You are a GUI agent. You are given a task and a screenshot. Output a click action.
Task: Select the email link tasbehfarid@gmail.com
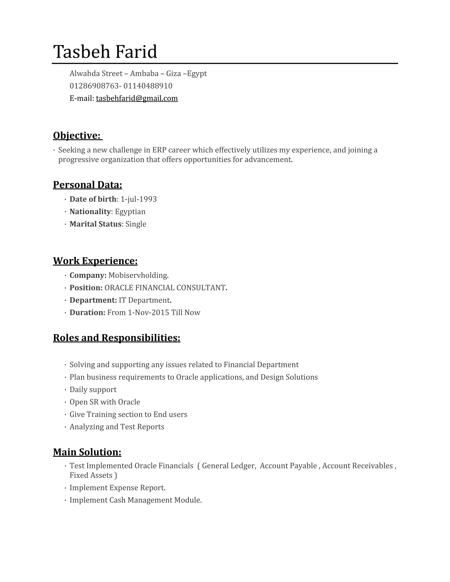[137, 98]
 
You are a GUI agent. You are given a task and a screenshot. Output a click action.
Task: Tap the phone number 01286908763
[94, 86]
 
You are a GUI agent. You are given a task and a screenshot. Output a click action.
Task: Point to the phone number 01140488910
[148, 86]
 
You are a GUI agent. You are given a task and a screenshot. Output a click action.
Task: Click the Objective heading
[77, 135]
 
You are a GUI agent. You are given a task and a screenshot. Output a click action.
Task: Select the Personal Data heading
[87, 185]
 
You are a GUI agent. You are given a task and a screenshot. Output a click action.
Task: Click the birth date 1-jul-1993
[139, 199]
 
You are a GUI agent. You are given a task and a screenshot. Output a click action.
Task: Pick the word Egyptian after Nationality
[130, 211]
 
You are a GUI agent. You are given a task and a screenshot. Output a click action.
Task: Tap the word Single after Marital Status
[136, 224]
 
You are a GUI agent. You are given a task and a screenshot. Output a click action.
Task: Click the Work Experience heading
[95, 261]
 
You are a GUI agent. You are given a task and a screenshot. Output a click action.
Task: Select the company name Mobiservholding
[138, 275]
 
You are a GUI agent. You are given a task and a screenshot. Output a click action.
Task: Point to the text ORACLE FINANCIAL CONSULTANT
[165, 288]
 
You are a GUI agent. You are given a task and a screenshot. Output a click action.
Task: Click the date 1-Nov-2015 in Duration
[149, 312]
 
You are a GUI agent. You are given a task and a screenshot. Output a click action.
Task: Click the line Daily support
[93, 390]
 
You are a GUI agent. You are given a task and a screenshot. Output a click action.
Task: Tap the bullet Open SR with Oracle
[105, 402]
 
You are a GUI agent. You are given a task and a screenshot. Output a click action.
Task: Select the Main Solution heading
[87, 452]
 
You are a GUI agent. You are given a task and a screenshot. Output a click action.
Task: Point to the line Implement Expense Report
[118, 488]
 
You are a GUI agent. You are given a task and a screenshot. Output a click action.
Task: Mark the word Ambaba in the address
[144, 73]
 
